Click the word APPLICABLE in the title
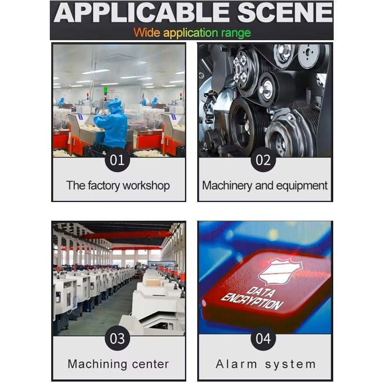pyautogui.click(x=142, y=13)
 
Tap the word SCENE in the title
pyautogui.click(x=285, y=13)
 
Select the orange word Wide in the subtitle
pyautogui.click(x=147, y=32)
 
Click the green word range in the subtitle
pyautogui.click(x=236, y=33)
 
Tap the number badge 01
pyautogui.click(x=117, y=160)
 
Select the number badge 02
pyautogui.click(x=263, y=160)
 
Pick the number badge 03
pyautogui.click(x=117, y=338)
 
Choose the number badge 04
pyautogui.click(x=263, y=338)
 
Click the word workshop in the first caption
pyautogui.click(x=146, y=186)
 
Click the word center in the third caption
pyautogui.click(x=150, y=364)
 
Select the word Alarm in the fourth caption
pyautogui.click(x=236, y=364)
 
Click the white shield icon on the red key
pyautogui.click(x=281, y=271)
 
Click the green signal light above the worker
pyautogui.click(x=105, y=90)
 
